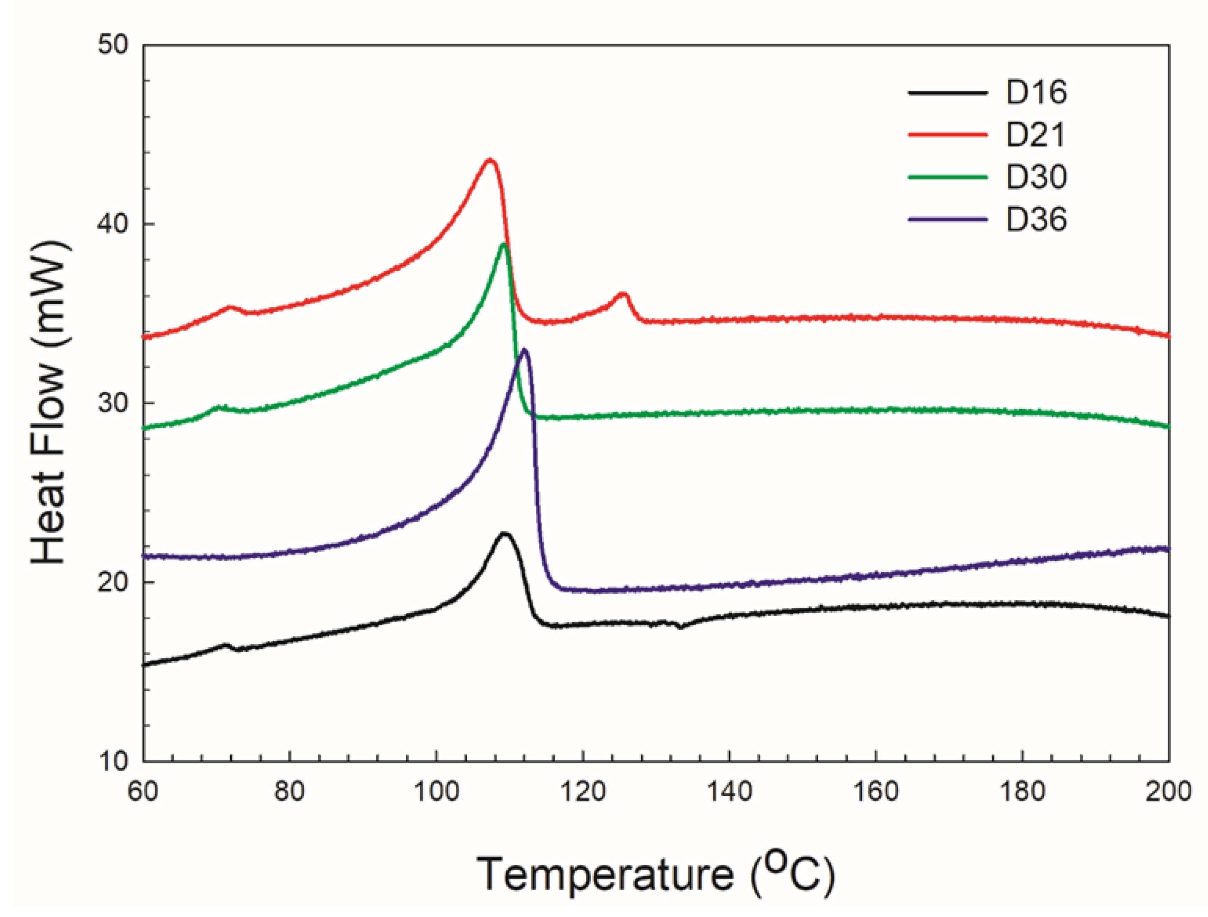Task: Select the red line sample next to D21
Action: point(948,134)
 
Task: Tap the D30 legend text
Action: point(1036,177)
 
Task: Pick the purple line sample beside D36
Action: point(948,219)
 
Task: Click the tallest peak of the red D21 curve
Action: point(490,160)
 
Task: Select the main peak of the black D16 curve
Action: point(505,533)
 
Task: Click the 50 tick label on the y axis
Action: point(113,45)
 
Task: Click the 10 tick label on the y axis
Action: point(113,760)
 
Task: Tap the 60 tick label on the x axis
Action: point(143,791)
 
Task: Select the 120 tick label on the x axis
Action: point(583,791)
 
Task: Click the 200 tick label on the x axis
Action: point(1167,791)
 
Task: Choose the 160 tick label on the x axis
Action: point(876,791)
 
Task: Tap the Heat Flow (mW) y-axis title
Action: point(50,403)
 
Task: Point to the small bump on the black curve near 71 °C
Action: point(225,645)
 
